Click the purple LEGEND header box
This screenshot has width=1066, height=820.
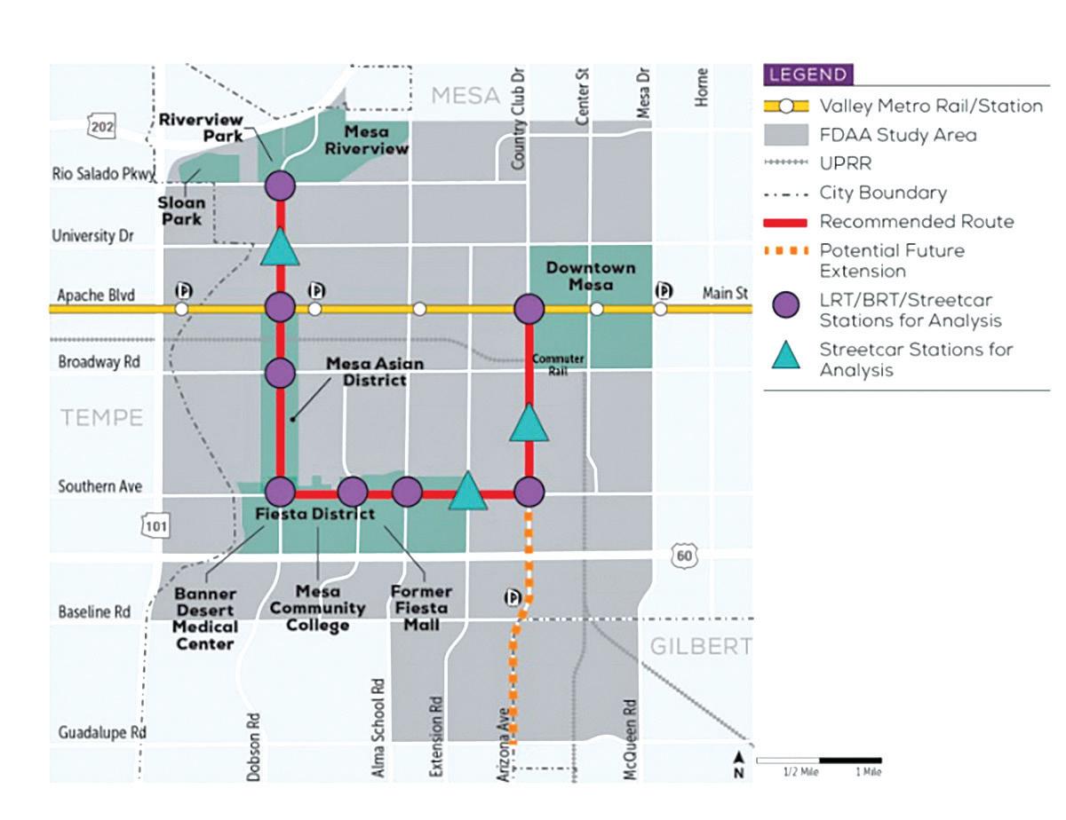[x=808, y=75]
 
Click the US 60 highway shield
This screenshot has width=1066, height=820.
[x=685, y=556]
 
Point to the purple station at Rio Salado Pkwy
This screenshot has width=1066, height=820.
[x=280, y=186]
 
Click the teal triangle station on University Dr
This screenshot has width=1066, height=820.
[x=280, y=248]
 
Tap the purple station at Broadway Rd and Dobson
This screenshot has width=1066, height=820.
[x=280, y=373]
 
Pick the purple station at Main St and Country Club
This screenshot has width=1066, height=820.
[x=529, y=309]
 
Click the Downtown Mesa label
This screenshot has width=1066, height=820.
[x=592, y=275]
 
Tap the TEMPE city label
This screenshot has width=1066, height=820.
[x=101, y=417]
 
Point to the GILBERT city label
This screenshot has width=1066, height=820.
[x=700, y=646]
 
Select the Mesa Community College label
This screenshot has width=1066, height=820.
[x=317, y=608]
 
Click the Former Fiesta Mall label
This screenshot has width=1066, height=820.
[x=421, y=608]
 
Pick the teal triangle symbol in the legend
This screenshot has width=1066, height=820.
[x=787, y=357]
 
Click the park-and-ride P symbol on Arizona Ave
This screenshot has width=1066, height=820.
[x=513, y=597]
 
